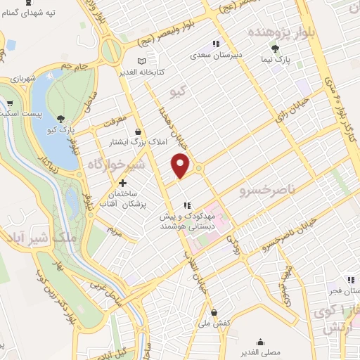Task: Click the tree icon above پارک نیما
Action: tap(275, 49)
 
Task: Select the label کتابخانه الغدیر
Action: tap(164, 72)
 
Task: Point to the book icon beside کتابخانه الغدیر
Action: tap(141, 61)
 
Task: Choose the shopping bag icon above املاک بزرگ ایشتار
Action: tap(138, 131)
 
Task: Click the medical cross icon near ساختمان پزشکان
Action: tap(123, 183)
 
